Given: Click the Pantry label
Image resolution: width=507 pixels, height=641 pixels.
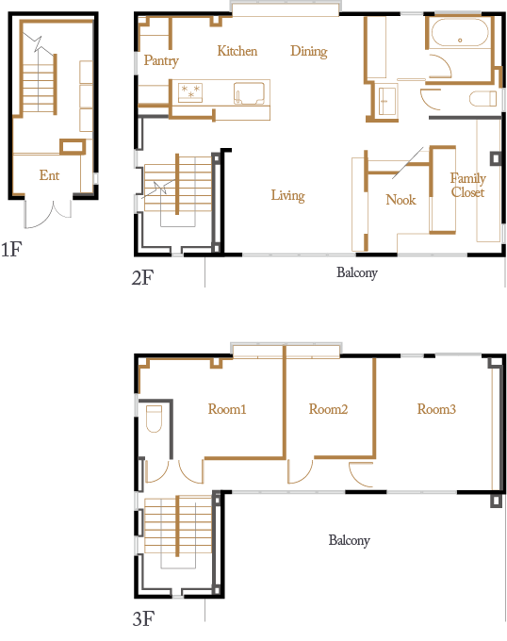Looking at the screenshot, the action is point(161,60).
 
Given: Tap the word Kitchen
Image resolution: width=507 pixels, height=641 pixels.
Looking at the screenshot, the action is point(237,51).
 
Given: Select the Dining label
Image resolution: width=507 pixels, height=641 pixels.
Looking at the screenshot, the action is point(309,52).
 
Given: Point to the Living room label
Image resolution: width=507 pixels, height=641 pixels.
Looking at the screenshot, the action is point(288,195).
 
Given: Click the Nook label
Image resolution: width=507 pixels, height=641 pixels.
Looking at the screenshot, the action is point(401,200).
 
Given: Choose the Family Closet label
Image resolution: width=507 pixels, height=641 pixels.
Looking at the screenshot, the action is point(467,185).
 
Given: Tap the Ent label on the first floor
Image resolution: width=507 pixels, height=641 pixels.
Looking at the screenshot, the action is point(49,175).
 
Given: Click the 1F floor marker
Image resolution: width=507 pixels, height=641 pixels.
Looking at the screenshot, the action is point(11,249).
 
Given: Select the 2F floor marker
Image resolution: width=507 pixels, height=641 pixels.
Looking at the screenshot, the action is point(142,277).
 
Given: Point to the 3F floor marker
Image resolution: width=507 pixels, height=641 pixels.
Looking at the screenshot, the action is point(143,619).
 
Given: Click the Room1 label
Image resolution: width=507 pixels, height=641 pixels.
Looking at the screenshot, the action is point(227,409).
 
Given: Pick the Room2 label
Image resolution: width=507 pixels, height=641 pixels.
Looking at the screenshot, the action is point(328,409).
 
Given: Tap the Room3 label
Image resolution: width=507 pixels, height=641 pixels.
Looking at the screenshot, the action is point(436,409).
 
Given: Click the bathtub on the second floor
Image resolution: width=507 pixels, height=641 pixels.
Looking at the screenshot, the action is point(460,32).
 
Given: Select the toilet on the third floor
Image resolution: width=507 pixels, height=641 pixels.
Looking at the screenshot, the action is point(154,419).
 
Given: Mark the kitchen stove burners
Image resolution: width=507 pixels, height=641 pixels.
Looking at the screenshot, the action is point(190,92).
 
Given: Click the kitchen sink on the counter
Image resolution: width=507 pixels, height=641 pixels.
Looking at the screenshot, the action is point(249,93).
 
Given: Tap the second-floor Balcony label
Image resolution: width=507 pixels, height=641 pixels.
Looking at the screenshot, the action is point(357,272).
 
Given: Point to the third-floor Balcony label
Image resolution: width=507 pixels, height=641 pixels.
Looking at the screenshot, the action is point(350,540).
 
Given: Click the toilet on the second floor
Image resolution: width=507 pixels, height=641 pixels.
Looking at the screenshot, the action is point(482,99).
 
